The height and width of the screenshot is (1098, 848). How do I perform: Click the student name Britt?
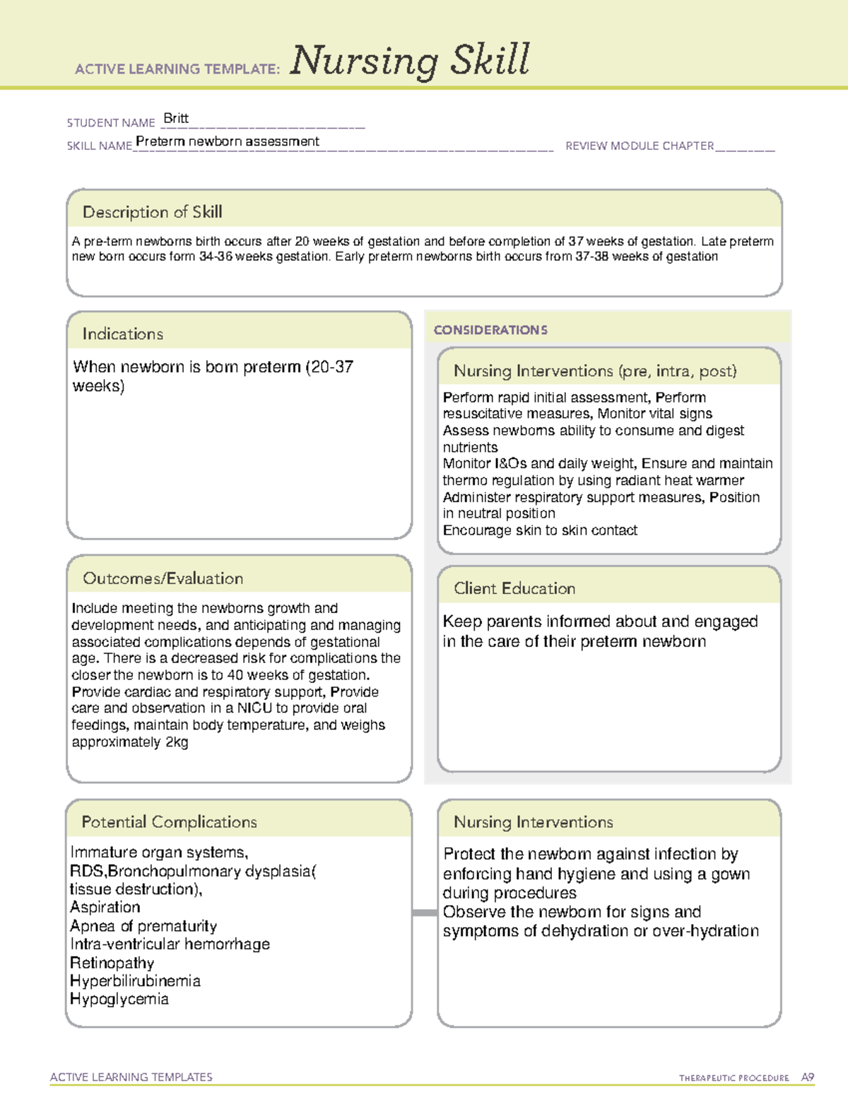click(176, 119)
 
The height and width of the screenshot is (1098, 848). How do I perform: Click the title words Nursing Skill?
click(409, 61)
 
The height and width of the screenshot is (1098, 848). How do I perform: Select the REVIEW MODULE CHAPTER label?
click(639, 146)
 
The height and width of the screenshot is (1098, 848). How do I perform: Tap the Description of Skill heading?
click(152, 212)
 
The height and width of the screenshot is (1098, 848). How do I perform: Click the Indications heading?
click(122, 334)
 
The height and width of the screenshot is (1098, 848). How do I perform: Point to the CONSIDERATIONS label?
click(490, 330)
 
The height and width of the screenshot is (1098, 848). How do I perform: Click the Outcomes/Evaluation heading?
click(163, 578)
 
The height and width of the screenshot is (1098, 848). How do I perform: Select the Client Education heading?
click(514, 588)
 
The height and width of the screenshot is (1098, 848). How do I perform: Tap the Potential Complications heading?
click(169, 822)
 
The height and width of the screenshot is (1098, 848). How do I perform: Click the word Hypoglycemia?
click(119, 999)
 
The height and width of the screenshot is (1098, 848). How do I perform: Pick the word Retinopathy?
click(112, 963)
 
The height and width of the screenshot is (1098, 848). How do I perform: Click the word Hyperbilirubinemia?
click(135, 981)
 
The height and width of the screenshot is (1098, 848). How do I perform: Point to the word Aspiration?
click(105, 907)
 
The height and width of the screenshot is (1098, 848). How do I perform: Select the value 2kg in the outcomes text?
click(177, 742)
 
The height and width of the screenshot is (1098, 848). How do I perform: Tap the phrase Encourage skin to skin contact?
click(540, 530)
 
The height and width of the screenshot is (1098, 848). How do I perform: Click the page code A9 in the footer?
click(807, 1077)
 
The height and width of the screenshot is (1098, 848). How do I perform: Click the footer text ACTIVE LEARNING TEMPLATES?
click(131, 1077)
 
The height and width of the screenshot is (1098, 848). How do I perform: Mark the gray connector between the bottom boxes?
click(425, 913)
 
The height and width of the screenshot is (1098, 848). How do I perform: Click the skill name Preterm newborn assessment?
click(228, 141)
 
